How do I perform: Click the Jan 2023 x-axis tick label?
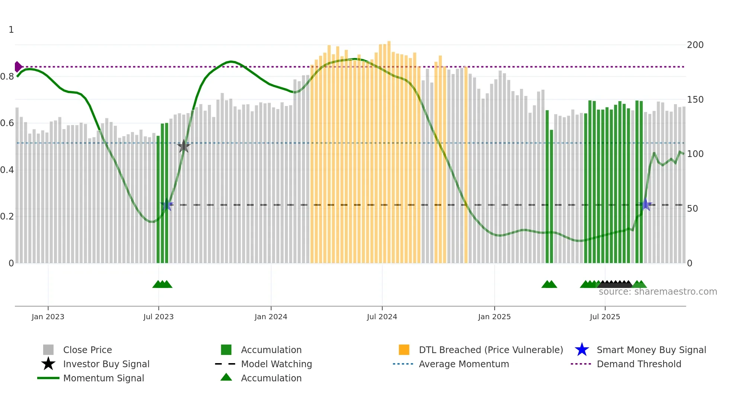(x=48, y=317)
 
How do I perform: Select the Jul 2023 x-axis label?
(x=158, y=317)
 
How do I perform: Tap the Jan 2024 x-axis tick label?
(x=271, y=317)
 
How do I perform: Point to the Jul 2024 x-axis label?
(x=382, y=317)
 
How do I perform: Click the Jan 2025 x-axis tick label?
(x=494, y=317)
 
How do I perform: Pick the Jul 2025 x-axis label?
(x=605, y=317)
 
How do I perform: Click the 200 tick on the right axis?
(x=695, y=45)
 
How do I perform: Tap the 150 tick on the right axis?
(x=695, y=100)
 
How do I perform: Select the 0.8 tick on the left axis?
(x=7, y=77)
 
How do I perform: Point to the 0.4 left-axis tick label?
(x=7, y=170)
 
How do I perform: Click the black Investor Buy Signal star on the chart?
(x=183, y=146)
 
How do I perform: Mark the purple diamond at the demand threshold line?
(x=18, y=67)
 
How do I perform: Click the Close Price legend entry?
(x=87, y=350)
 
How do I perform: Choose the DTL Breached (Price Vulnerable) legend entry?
(x=491, y=350)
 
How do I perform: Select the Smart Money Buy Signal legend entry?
(x=651, y=350)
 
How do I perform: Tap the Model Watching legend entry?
(x=276, y=364)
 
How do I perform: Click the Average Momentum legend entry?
(x=464, y=364)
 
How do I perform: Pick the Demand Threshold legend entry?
(x=639, y=364)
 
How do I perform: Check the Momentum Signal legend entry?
(x=103, y=378)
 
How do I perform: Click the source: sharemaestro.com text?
(x=658, y=292)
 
